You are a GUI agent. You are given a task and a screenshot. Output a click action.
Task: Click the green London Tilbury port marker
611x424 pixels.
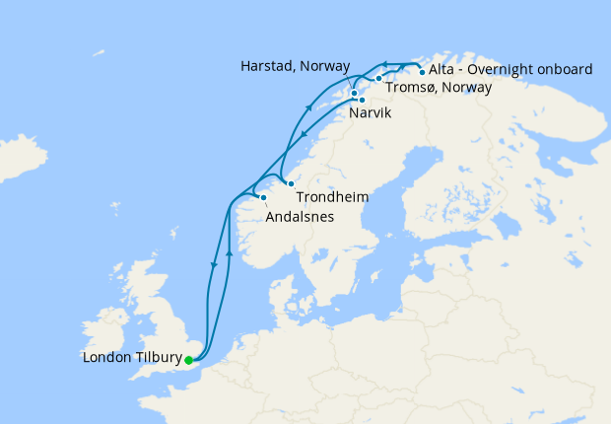[188, 360]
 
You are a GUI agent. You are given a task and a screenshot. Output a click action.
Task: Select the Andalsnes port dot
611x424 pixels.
[263, 198]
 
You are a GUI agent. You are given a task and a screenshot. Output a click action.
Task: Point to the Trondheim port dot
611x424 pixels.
[291, 184]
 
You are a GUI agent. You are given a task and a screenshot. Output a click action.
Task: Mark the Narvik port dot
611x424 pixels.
[362, 100]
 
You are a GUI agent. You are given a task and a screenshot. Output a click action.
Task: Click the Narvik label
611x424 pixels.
[370, 114]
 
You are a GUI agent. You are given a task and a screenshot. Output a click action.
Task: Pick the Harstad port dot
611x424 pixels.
[354, 93]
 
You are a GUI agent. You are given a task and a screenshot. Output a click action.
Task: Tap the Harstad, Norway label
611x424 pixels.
[295, 66]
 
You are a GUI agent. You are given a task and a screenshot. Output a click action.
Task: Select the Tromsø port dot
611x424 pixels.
[378, 78]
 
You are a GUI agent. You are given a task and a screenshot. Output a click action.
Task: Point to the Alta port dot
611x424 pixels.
[422, 71]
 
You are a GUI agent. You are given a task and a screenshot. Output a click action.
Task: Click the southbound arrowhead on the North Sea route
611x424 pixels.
[213, 265]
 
